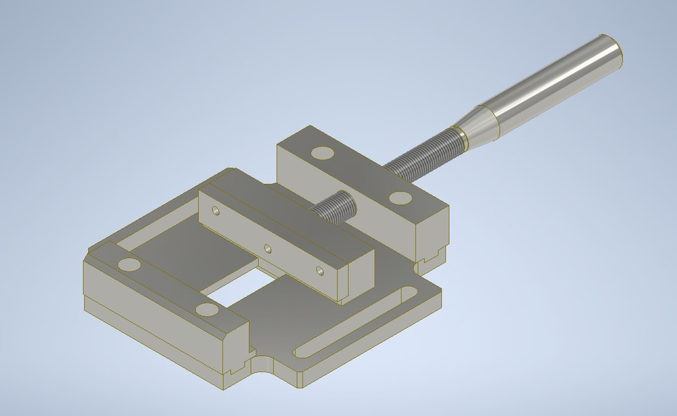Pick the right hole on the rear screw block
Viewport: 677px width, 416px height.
point(400,197)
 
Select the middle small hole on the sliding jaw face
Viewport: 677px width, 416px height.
point(267,248)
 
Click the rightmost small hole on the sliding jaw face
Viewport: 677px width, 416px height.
point(320,270)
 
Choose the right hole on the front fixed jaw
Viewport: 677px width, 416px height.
point(206,309)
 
